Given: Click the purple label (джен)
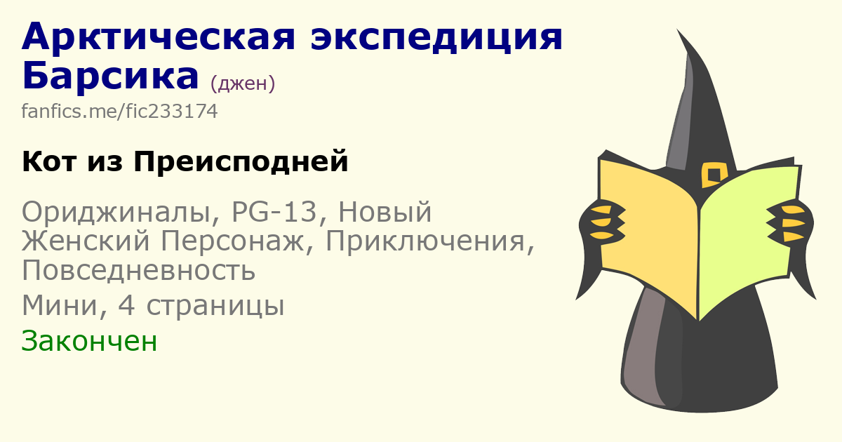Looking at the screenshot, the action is pyautogui.click(x=243, y=83).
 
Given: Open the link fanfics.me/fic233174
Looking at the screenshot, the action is pyautogui.click(x=119, y=112).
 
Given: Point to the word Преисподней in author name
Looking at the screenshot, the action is pyautogui.click(x=241, y=161).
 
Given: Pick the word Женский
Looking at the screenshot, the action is pyautogui.click(x=86, y=241).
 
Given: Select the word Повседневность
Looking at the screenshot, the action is pyautogui.click(x=139, y=271).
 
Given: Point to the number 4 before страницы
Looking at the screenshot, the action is pyautogui.click(x=126, y=306).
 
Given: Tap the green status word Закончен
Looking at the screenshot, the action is pyautogui.click(x=89, y=341).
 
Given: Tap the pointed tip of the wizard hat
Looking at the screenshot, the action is pyautogui.click(x=678, y=30).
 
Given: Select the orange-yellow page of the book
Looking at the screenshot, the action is pyautogui.click(x=648, y=233).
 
